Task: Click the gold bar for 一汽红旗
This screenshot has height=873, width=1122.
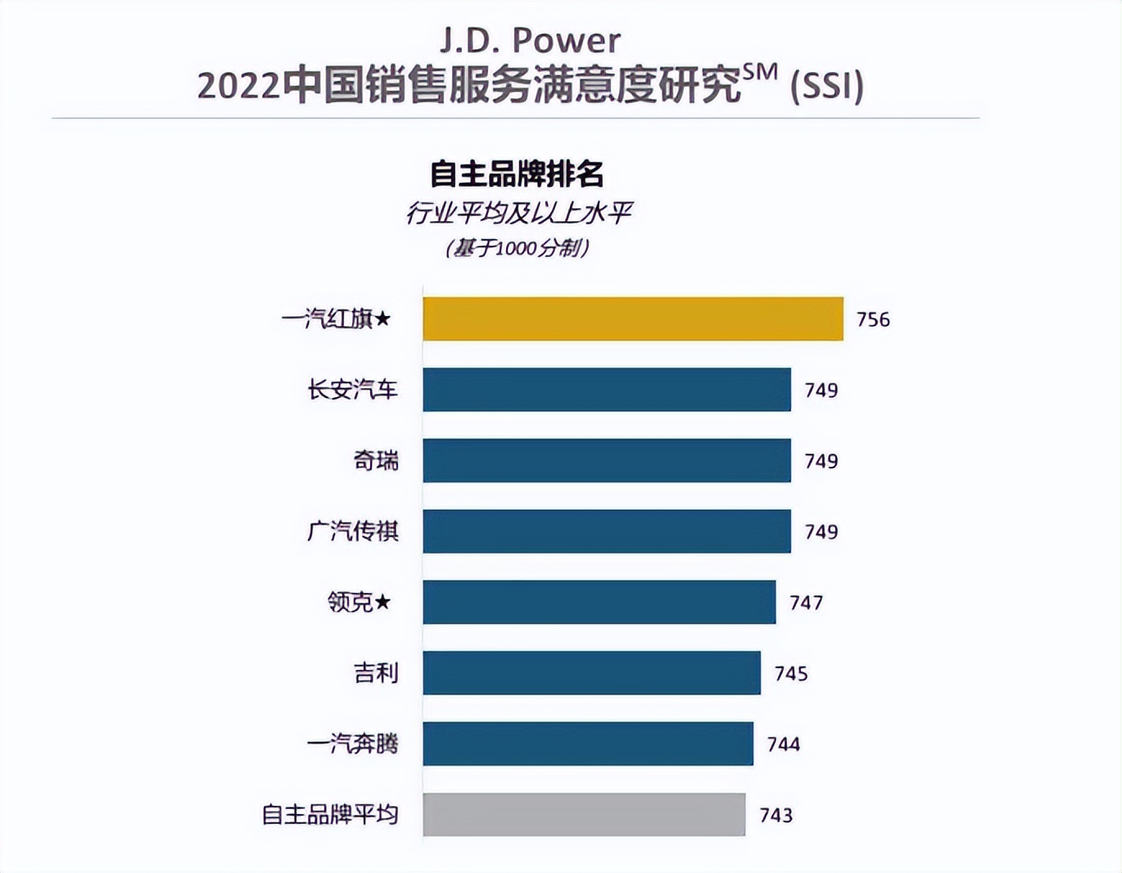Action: [632, 319]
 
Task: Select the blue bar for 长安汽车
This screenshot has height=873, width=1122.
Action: [606, 390]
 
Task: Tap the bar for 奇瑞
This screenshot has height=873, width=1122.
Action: [606, 460]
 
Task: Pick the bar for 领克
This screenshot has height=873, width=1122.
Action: [599, 602]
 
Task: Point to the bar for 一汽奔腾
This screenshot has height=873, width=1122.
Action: [587, 744]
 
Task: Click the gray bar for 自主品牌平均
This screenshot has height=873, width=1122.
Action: [583, 815]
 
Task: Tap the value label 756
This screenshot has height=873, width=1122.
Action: [873, 319]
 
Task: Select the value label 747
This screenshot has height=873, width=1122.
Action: [806, 603]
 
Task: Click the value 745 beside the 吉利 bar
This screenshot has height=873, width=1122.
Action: [791, 674]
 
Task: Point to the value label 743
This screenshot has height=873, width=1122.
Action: [776, 816]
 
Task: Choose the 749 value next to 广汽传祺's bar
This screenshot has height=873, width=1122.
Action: [821, 532]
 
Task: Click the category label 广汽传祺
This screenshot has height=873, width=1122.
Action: [353, 531]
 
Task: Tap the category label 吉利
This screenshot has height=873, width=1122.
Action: [376, 673]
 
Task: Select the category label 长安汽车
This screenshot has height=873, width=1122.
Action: [353, 390]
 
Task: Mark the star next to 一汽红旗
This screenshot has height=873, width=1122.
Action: [382, 319]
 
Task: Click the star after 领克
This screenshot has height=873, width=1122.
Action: [382, 603]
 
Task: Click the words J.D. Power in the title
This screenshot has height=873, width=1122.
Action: [530, 40]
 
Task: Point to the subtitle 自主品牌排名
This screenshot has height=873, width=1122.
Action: [518, 174]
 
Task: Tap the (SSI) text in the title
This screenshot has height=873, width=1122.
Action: [826, 85]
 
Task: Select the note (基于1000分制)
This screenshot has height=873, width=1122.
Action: [518, 247]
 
